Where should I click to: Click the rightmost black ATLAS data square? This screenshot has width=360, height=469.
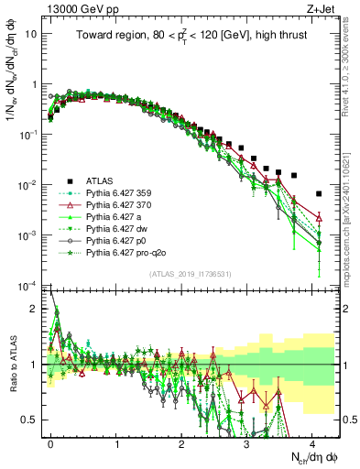click(x=318, y=193)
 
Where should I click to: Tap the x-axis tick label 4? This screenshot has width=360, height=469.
click(x=312, y=442)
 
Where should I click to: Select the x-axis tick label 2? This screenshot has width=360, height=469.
click(x=181, y=442)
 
